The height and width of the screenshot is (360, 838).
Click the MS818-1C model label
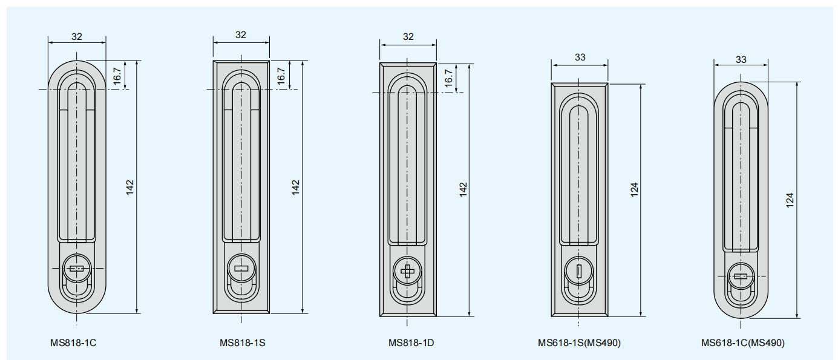tap(73, 343)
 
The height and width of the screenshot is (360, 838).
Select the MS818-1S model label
tap(243, 343)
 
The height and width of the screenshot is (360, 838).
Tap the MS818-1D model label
tap(411, 343)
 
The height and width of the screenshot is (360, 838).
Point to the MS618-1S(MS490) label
tap(579, 343)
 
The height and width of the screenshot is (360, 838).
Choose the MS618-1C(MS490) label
tap(743, 343)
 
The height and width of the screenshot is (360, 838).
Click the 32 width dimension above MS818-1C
tap(77, 37)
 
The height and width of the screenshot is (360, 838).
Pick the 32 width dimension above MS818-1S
tap(241, 35)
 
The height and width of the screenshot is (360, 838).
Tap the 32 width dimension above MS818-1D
tap(408, 37)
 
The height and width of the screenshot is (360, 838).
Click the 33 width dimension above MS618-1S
tap(580, 57)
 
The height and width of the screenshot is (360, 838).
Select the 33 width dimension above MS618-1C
tap(741, 59)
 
